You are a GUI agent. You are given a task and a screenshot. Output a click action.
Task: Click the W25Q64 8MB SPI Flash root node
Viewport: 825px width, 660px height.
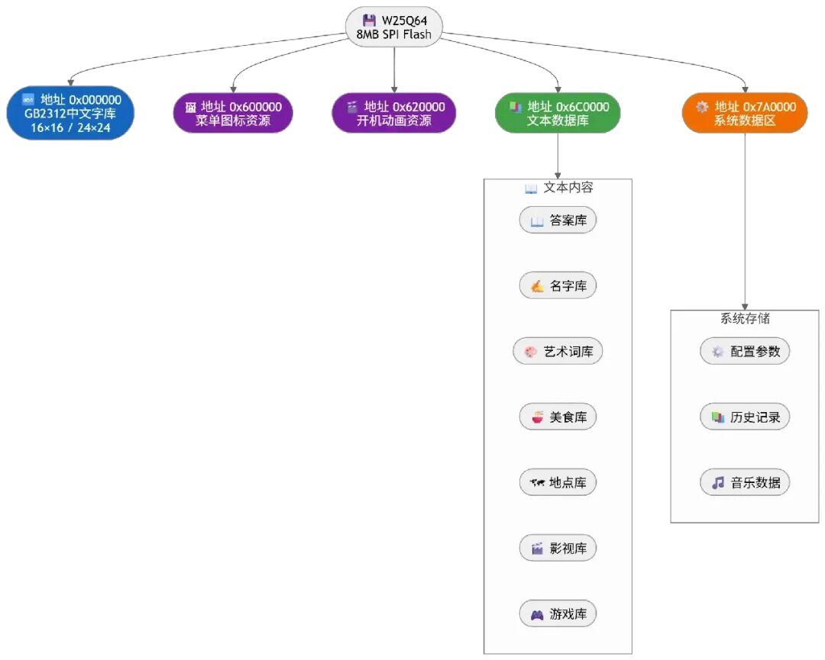(x=393, y=27)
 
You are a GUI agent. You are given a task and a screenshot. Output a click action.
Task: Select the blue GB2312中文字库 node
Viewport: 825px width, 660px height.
(x=70, y=113)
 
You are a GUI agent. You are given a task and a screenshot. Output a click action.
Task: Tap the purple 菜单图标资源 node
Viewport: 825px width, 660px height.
(x=233, y=113)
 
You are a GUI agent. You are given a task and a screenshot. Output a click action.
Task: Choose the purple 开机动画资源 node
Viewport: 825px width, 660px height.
(x=393, y=113)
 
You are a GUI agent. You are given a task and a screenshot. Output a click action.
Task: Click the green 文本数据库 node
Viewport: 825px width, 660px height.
(x=558, y=113)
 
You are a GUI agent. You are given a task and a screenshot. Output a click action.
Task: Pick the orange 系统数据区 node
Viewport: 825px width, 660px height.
(x=745, y=113)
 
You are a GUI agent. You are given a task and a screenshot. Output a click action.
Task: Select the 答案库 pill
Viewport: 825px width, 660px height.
(x=558, y=221)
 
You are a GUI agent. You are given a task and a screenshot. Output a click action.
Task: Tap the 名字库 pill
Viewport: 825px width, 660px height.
(x=558, y=286)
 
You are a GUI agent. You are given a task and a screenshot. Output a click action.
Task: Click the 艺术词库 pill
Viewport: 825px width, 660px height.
(x=558, y=351)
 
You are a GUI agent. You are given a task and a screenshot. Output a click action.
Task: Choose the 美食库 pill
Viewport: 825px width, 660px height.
(x=558, y=417)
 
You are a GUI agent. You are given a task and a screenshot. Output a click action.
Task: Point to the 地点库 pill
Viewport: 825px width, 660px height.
(x=558, y=482)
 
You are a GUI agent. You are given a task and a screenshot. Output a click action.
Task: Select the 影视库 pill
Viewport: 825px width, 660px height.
(x=558, y=548)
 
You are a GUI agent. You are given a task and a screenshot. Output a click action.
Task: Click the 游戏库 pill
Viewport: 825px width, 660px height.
(x=558, y=613)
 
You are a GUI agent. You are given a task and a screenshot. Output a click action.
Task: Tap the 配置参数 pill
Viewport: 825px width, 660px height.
(x=745, y=351)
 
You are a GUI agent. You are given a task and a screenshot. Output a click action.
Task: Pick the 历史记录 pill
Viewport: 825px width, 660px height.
(x=745, y=417)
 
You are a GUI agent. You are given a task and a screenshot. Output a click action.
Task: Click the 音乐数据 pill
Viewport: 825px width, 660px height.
(x=745, y=482)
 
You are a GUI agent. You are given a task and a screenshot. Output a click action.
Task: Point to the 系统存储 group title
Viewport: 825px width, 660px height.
(x=745, y=318)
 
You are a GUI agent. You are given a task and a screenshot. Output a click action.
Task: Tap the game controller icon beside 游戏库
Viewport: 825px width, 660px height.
(x=537, y=615)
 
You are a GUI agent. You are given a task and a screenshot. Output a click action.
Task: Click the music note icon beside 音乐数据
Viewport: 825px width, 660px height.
(x=717, y=483)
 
